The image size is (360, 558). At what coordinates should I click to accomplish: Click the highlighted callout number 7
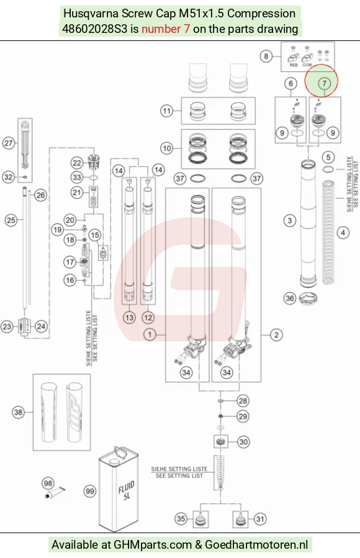(x=324, y=84)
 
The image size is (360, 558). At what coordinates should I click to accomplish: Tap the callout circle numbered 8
(x=266, y=56)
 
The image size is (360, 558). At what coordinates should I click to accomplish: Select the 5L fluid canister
(x=119, y=489)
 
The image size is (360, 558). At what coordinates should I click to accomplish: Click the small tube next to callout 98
(x=55, y=493)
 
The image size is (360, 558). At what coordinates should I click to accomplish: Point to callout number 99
(x=89, y=492)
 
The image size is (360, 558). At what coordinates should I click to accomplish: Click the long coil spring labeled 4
(x=328, y=232)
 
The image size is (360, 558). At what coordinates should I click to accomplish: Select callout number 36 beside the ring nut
(x=290, y=298)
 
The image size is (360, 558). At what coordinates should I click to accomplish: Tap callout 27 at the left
(x=9, y=143)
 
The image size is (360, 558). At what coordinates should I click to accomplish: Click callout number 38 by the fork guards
(x=18, y=413)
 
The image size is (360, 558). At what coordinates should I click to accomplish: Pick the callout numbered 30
(x=243, y=442)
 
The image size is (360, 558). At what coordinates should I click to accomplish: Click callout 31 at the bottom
(x=260, y=520)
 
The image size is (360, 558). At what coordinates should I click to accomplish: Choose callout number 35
(x=181, y=519)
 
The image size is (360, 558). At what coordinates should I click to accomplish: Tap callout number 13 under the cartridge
(x=129, y=317)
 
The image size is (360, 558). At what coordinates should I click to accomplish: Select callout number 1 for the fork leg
(x=150, y=335)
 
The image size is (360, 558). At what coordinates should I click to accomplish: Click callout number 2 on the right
(x=276, y=335)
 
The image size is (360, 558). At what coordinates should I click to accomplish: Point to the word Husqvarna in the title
(x=91, y=14)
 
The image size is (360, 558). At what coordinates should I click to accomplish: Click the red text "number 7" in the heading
(x=166, y=29)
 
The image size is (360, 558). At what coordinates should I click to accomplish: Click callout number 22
(x=77, y=163)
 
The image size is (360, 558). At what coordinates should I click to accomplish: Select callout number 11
(x=167, y=111)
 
